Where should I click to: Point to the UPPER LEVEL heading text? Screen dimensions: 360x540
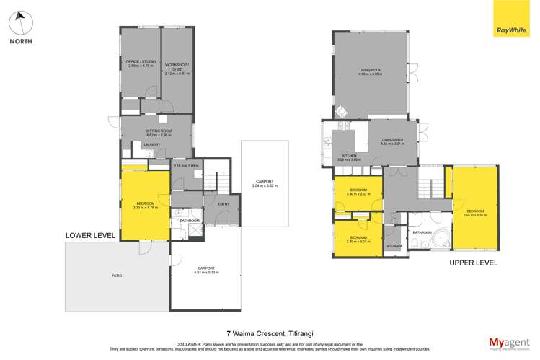click(474, 263)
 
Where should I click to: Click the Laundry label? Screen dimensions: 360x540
click(151, 145)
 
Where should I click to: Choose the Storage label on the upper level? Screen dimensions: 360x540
click(394, 246)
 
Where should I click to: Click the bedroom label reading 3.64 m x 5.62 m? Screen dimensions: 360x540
click(474, 212)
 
